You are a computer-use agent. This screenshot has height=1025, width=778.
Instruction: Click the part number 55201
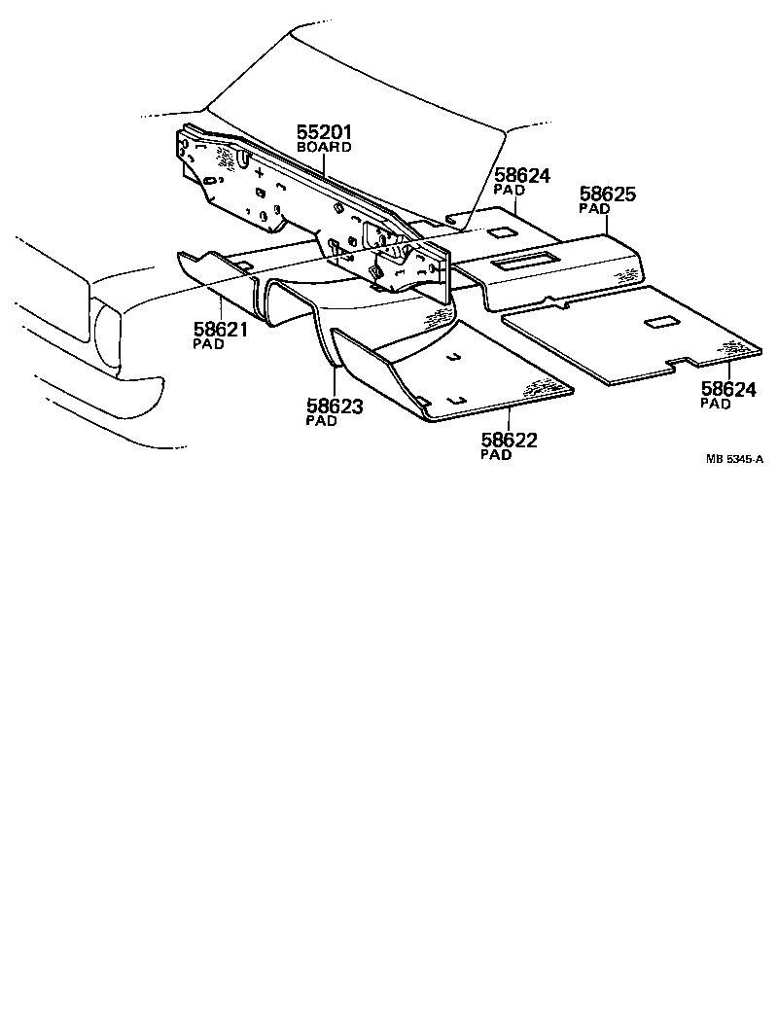coord(324,131)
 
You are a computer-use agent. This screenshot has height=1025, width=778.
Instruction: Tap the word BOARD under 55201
coord(324,147)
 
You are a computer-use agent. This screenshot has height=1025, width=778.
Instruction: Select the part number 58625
coord(608,194)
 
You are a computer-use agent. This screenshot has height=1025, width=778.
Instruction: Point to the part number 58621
coord(220,330)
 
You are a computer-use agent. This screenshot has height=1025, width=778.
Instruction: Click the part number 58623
coord(335,406)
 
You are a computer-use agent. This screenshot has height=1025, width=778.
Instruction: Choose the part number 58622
coord(509,441)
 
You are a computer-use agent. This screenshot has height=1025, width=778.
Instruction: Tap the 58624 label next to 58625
coord(522,176)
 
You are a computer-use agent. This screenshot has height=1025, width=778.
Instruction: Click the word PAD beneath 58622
coord(496,455)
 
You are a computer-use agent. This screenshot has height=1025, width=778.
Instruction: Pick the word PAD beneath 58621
coord(207,344)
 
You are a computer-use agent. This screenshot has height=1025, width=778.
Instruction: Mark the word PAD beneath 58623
coord(322,421)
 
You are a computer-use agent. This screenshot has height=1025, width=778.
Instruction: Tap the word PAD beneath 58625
coord(594,208)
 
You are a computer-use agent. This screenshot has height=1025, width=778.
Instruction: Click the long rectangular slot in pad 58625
coord(524,259)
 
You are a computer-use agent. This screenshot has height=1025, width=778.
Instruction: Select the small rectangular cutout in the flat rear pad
coord(660,321)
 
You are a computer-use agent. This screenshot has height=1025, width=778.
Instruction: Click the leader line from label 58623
coord(336,381)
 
